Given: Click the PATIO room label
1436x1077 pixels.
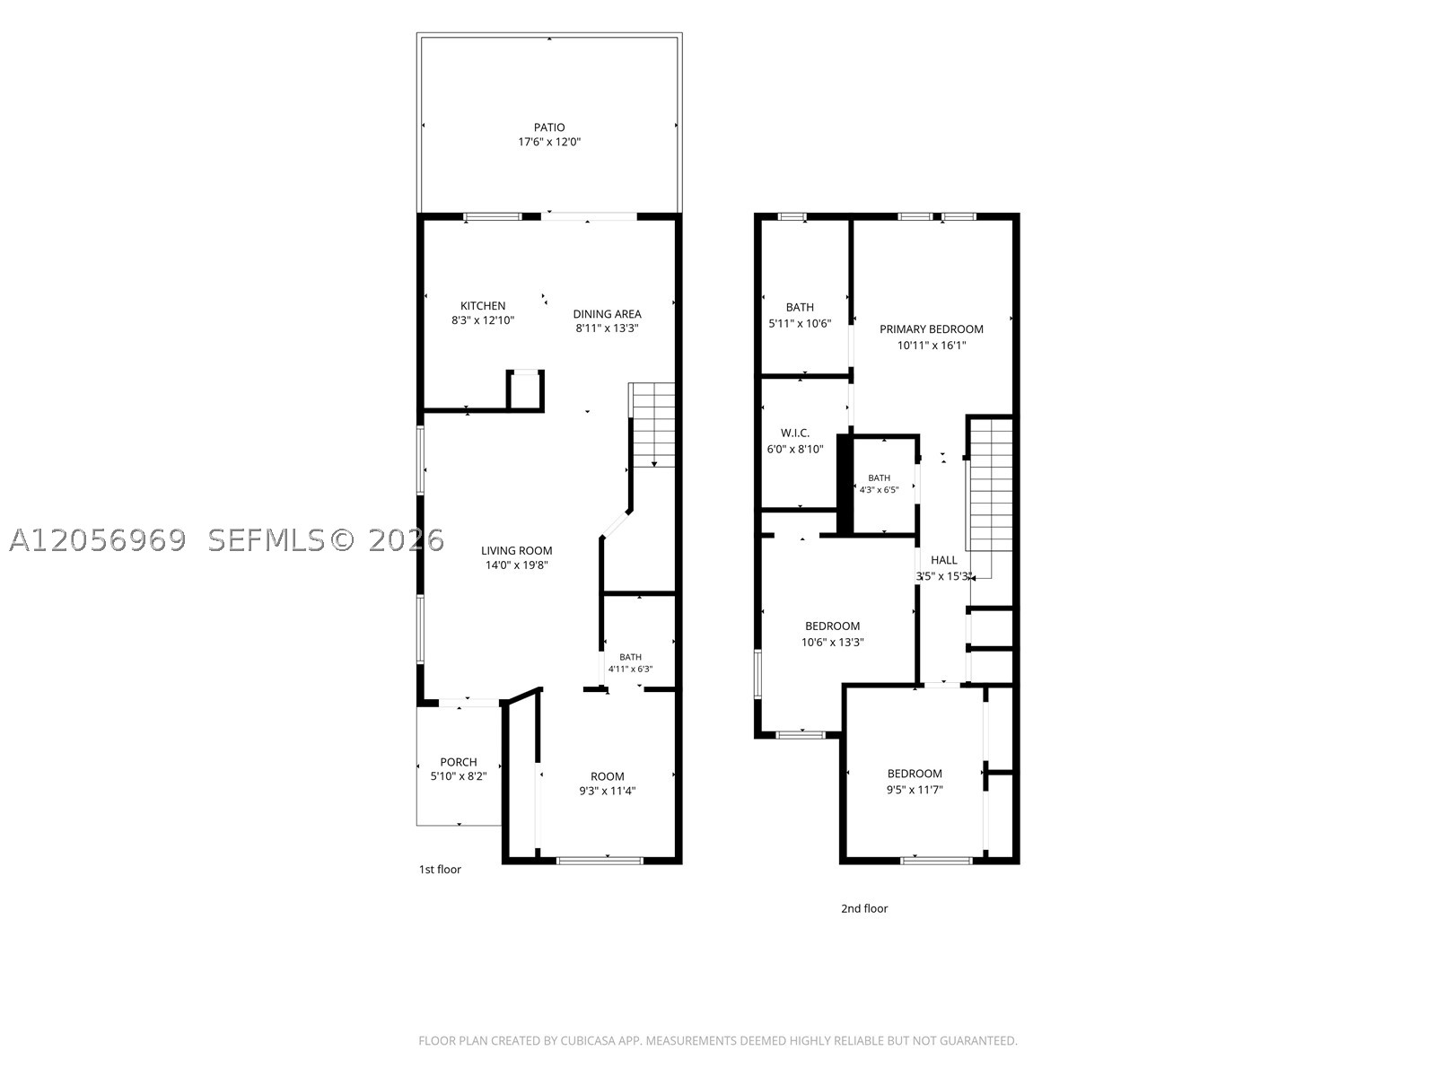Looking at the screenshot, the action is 549,127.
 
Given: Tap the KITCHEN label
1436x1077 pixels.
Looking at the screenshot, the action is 483,305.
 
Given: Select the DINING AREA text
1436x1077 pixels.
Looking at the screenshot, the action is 607,314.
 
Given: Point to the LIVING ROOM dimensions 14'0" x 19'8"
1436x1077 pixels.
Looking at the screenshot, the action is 516,565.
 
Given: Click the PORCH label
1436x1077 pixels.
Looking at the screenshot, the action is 459,762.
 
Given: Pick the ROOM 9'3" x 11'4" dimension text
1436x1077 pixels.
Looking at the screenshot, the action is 607,791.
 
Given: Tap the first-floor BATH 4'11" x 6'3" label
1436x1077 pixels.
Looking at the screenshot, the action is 631,663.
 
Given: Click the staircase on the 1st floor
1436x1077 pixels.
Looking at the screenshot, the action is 652,425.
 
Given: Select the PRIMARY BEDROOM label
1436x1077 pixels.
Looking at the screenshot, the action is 931,328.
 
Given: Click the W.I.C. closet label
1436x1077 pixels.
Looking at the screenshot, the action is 795,433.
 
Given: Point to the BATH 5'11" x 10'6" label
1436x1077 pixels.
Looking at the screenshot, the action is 800,314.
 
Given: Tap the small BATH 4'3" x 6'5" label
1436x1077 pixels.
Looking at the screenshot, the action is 879,484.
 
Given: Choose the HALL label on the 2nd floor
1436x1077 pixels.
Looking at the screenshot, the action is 943,560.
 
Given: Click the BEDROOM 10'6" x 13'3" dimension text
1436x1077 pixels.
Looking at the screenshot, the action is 832,642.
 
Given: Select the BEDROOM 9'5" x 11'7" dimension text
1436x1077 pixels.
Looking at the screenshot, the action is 914,789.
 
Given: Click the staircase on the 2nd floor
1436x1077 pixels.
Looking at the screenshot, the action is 991,497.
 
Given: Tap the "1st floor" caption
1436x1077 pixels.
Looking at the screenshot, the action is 440,869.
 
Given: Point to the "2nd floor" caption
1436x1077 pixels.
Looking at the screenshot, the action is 864,908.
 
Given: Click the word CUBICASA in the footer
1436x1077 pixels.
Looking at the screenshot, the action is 588,1040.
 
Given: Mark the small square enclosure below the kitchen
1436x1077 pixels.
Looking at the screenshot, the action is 525,391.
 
